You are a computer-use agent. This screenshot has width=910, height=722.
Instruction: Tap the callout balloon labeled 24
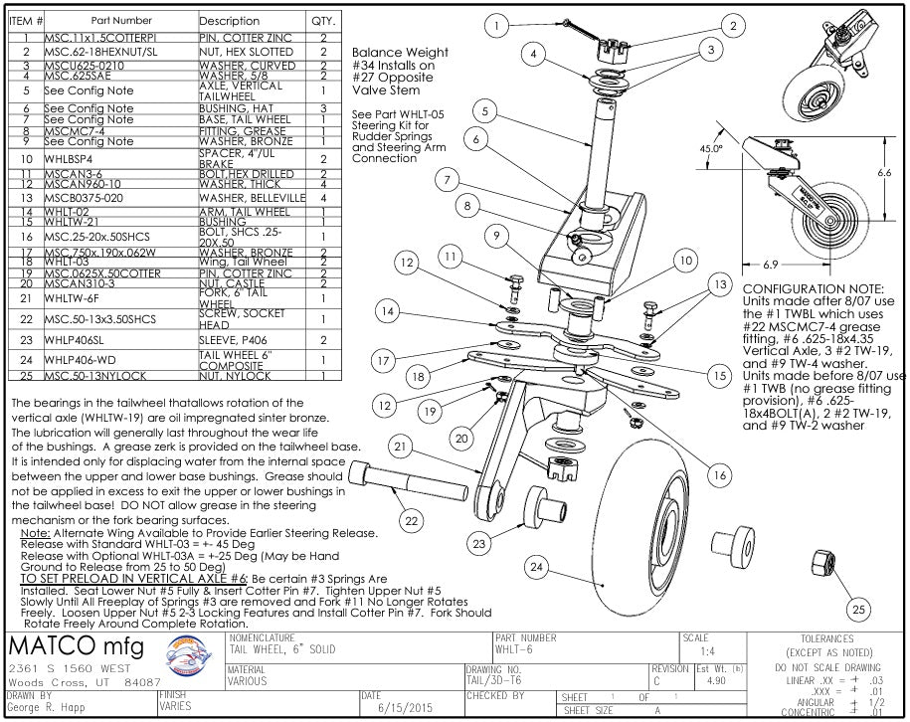coord(536,568)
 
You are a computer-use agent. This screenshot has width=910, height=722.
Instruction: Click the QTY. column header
coord(323,20)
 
